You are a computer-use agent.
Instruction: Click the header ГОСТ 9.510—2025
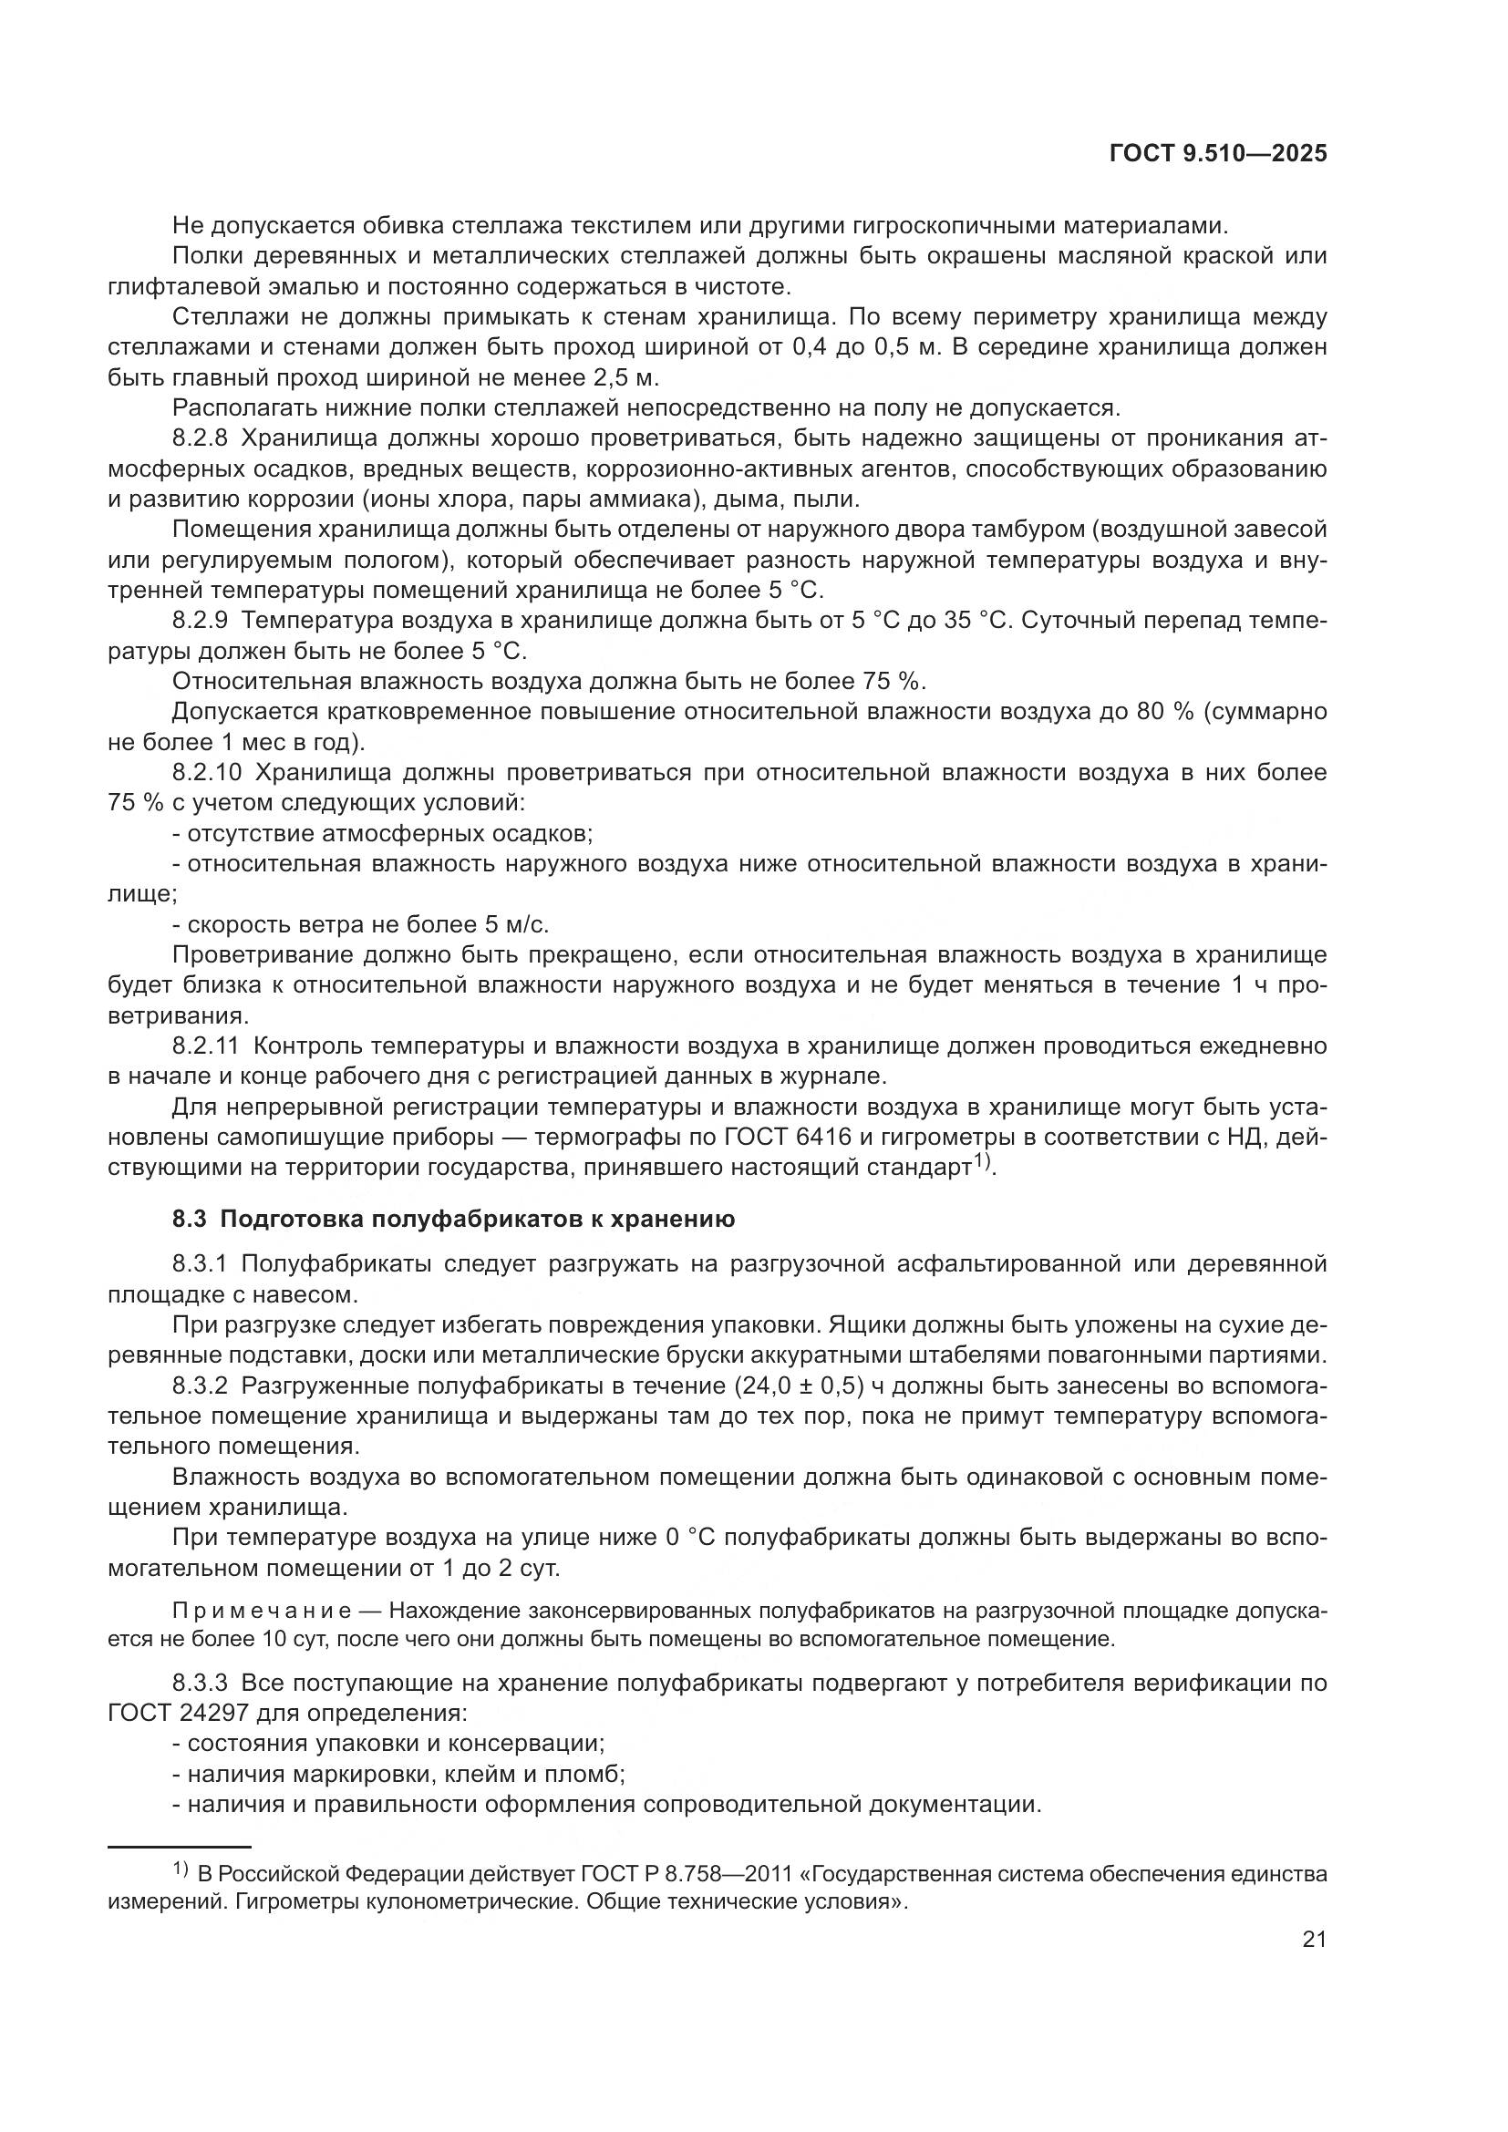pyautogui.click(x=1217, y=154)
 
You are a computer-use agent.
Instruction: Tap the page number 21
pyautogui.click(x=1314, y=1940)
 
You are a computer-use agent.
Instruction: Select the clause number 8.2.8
pyautogui.click(x=200, y=438)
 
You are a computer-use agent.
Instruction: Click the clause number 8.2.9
pyautogui.click(x=200, y=621)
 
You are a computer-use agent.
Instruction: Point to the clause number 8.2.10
pyautogui.click(x=206, y=773)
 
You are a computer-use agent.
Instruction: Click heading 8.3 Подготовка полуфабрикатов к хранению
pyautogui.click(x=453, y=1220)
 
